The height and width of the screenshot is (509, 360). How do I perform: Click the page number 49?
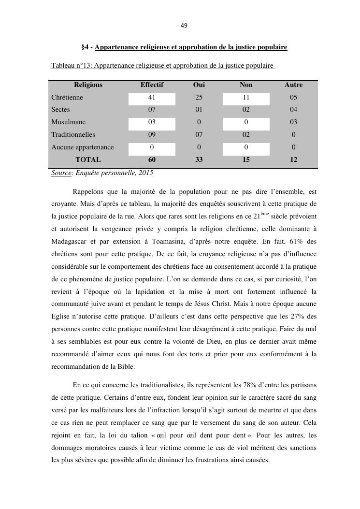184,26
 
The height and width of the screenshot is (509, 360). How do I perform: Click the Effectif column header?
152,85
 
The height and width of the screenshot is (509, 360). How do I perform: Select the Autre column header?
293,85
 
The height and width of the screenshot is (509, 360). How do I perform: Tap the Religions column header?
88,85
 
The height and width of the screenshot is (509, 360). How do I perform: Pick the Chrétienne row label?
67,97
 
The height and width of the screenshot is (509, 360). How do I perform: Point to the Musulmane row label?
68,122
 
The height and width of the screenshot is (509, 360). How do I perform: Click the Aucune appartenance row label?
83,147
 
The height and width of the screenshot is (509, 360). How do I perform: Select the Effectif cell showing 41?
152,97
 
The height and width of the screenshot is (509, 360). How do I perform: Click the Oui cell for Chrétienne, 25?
199,97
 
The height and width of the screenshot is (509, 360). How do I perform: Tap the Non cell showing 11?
246,97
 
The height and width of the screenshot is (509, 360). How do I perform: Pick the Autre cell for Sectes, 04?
293,110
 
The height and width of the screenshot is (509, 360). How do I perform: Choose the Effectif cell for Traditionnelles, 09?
152,135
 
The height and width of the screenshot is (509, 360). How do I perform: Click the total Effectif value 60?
152,160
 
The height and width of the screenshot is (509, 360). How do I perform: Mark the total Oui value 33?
199,160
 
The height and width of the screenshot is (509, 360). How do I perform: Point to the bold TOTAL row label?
88,160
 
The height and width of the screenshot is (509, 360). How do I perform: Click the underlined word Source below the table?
61,173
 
